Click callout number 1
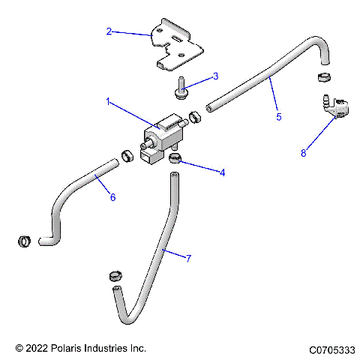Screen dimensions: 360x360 click(109, 103)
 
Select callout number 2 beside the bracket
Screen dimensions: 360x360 click(109, 31)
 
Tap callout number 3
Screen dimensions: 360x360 click(215, 76)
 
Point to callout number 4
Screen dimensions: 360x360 click(222, 172)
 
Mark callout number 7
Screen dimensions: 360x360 click(188, 258)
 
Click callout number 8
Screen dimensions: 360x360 click(303, 153)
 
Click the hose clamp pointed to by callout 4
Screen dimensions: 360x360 click(176, 157)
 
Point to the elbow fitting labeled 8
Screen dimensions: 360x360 click(330, 106)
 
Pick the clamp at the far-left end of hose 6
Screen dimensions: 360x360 click(22, 241)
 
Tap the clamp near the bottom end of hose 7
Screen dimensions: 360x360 click(115, 273)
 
